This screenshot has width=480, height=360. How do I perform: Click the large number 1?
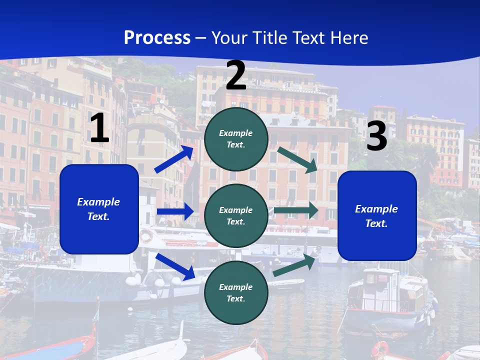(99, 128)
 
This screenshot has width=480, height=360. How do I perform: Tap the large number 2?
(236, 75)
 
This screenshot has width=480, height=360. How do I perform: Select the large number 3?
(376, 136)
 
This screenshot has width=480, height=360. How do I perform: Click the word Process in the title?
(157, 37)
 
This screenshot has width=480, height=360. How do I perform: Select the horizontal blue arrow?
(175, 211)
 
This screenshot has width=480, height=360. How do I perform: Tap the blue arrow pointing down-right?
(175, 266)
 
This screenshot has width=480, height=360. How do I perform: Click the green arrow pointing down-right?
(298, 159)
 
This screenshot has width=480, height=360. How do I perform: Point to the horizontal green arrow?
(296, 210)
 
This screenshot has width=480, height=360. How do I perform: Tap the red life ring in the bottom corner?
(380, 348)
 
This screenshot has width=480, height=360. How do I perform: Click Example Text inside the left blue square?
(98, 209)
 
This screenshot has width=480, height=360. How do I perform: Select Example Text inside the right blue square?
(376, 216)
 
